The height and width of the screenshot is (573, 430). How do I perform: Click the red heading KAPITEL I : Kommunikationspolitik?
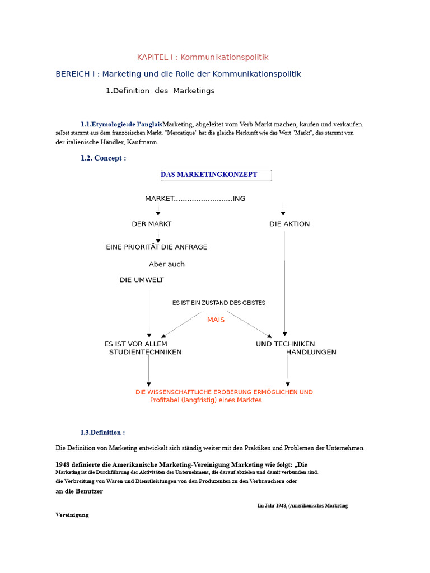click(x=203, y=57)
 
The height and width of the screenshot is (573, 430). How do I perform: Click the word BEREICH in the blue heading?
click(x=70, y=74)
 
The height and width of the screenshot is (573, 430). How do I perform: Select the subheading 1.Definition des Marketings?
click(x=160, y=91)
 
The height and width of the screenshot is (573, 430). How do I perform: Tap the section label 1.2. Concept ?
click(x=104, y=158)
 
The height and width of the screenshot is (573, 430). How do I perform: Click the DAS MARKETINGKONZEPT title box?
click(x=216, y=175)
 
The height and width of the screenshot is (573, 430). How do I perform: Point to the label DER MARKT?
click(x=152, y=224)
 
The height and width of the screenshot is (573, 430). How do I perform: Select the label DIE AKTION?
click(x=289, y=224)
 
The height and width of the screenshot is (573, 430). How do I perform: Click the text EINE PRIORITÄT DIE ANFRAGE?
click(x=157, y=247)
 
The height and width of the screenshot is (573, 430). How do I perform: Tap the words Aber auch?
click(x=167, y=264)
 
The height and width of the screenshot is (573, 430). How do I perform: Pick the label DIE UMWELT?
click(x=142, y=280)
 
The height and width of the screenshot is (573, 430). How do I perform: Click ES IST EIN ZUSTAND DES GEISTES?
click(x=219, y=303)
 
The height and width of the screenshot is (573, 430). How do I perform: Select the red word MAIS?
click(x=216, y=320)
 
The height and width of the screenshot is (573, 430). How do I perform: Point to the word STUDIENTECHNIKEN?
click(x=146, y=353)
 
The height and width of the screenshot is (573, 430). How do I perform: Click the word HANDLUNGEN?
click(x=311, y=353)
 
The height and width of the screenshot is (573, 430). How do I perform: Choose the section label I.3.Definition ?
click(x=103, y=433)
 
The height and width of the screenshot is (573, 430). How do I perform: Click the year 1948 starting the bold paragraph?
click(x=63, y=465)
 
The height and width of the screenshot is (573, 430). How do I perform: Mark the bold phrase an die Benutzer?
click(x=80, y=491)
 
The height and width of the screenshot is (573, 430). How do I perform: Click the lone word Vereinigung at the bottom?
click(x=72, y=515)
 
